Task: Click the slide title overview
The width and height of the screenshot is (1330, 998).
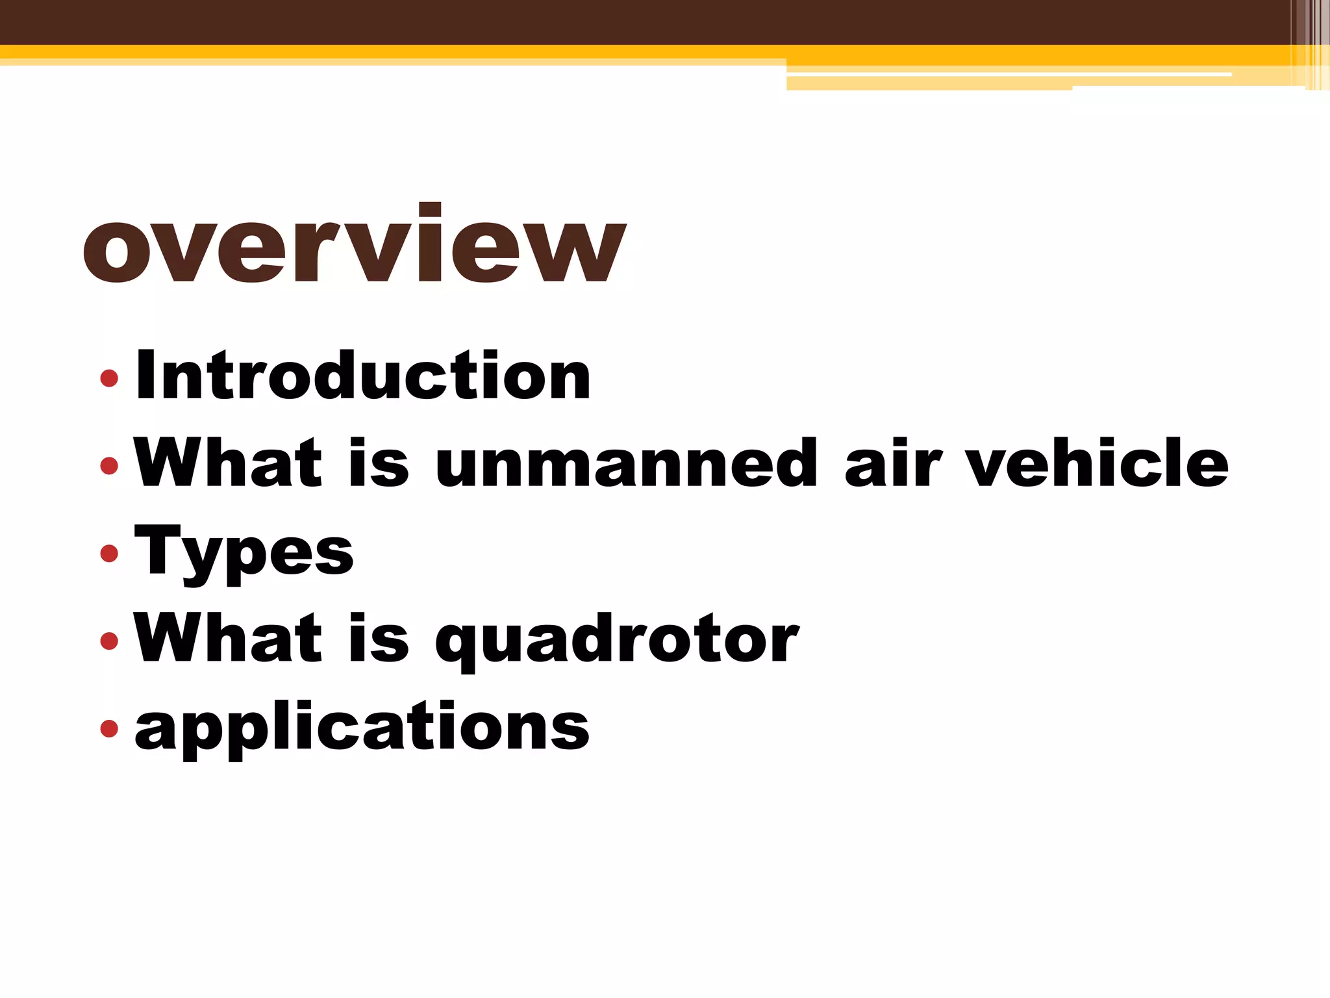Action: click(354, 245)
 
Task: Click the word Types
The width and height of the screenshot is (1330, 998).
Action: click(244, 552)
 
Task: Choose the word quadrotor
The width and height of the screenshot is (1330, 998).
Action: click(617, 640)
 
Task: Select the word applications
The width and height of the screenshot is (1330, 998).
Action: click(362, 728)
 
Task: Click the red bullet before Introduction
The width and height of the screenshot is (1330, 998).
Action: click(109, 377)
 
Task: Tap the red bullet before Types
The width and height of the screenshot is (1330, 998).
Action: click(109, 553)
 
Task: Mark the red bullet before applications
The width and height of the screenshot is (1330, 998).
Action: click(109, 728)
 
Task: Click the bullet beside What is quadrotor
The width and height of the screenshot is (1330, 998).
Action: click(109, 641)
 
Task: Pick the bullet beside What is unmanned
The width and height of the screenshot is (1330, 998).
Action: click(109, 465)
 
